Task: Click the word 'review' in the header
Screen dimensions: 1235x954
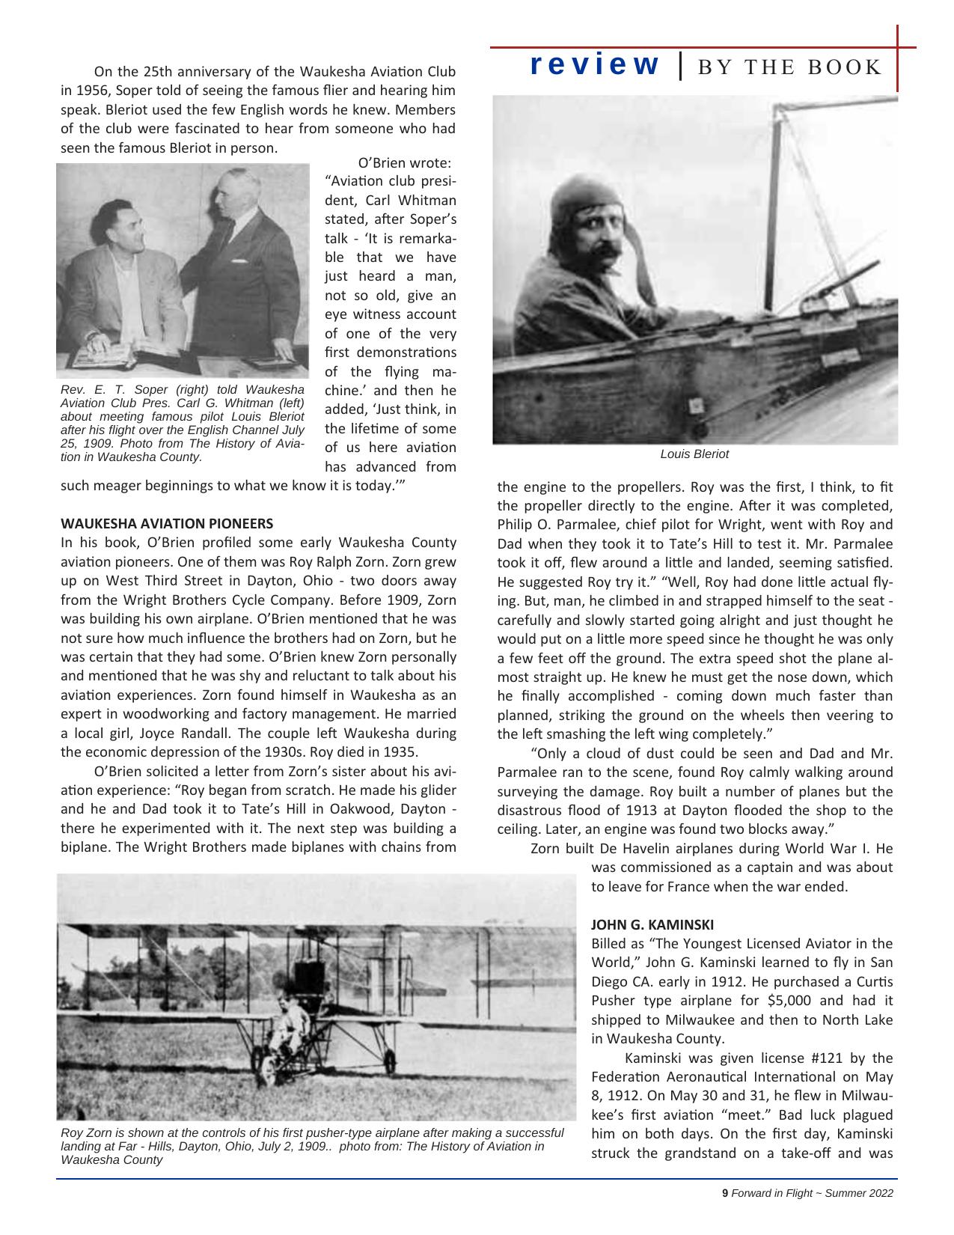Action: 595,65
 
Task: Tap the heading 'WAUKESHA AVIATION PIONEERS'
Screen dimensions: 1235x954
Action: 166,523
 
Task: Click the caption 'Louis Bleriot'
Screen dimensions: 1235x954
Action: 694,454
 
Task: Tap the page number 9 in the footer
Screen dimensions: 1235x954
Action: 724,1194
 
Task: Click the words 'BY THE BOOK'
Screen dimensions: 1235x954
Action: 789,67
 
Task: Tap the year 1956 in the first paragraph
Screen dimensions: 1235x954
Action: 77,91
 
